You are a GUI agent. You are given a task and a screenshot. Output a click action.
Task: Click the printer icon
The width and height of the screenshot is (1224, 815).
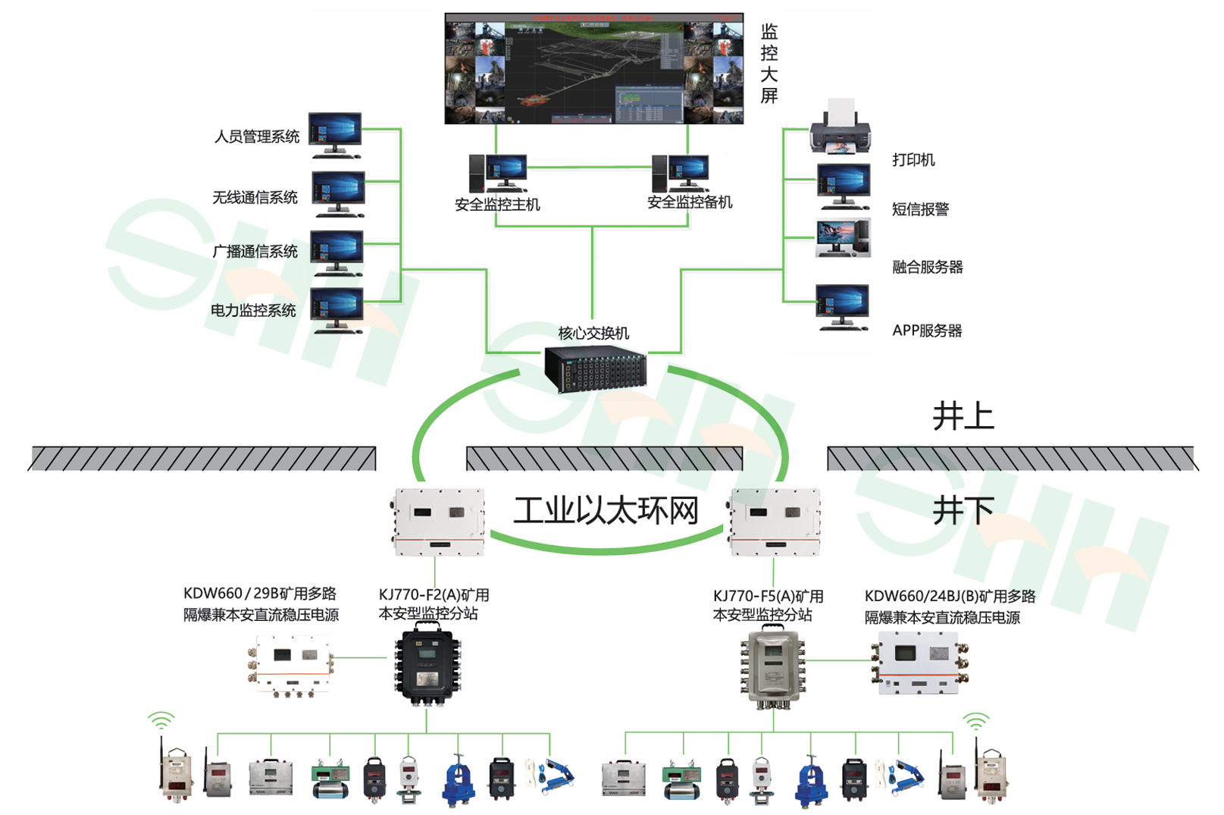coord(840,129)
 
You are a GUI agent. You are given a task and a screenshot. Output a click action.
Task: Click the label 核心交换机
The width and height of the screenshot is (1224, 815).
coord(593,333)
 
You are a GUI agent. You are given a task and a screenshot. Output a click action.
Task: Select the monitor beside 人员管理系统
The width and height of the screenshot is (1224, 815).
coord(335,134)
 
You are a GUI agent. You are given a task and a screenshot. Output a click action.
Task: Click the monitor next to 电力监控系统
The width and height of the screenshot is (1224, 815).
coord(336,309)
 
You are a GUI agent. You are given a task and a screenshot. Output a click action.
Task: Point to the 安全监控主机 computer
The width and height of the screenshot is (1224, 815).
coord(498,174)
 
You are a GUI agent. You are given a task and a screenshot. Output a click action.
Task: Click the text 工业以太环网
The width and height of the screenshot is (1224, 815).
coord(606,510)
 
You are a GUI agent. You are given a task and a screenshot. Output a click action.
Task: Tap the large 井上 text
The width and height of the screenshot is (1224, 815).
coord(963,416)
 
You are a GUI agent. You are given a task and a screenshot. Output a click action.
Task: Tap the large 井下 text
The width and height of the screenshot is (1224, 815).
coord(963,509)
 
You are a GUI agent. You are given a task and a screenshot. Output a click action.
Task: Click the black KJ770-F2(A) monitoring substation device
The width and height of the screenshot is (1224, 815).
coord(427,666)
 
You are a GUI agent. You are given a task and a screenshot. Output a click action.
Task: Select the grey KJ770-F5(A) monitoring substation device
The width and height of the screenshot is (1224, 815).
coord(772,668)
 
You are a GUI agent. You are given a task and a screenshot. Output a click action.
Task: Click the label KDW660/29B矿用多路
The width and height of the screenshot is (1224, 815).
coord(259,594)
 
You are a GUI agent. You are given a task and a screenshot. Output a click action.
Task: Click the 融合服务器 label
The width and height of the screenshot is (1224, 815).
coord(927,267)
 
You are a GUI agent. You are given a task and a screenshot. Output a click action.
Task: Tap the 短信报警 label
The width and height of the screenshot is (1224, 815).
coord(920,209)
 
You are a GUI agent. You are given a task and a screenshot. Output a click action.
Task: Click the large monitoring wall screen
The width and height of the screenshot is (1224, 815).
coord(593,68)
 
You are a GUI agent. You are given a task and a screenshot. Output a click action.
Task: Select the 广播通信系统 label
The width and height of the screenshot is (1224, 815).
coord(255,252)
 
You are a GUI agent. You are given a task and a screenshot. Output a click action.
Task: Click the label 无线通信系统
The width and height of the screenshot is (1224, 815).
coord(255,198)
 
